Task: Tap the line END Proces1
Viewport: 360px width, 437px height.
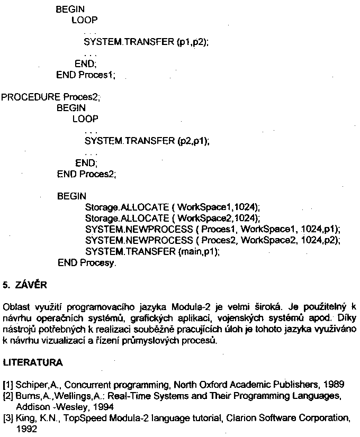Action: point(85,75)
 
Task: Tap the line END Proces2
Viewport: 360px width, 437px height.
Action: point(86,173)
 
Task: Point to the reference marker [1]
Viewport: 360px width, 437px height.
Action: point(8,384)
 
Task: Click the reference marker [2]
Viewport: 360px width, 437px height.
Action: point(8,396)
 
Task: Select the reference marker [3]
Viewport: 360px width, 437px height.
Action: point(8,418)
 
